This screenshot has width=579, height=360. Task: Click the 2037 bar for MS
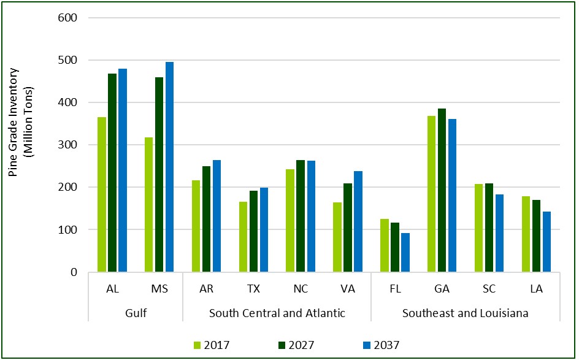coord(169,167)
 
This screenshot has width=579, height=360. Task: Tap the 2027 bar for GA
coord(442,190)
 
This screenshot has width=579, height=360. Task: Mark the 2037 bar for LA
coord(546,242)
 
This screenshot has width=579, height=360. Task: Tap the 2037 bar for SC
coord(499,233)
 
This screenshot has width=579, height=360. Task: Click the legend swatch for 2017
coord(197,345)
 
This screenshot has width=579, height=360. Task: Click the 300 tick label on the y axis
coord(69,145)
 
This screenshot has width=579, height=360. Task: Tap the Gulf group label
coord(136,313)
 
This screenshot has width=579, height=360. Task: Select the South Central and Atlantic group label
coord(277,313)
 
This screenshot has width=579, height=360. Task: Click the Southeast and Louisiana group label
coord(466,313)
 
